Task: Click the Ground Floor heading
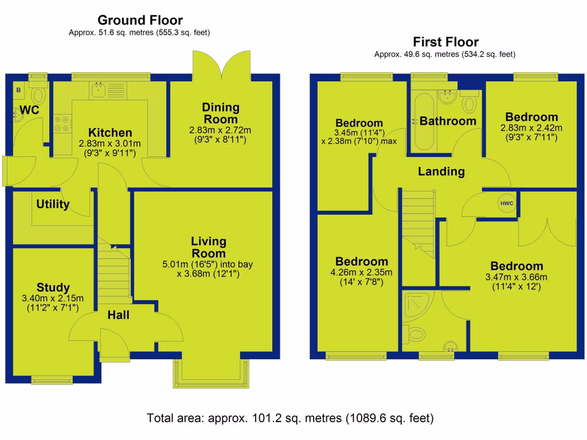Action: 140,21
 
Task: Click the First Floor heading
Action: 445,42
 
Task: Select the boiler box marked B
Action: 18,90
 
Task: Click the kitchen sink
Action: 99,89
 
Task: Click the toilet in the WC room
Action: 39,94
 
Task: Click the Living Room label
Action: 208,247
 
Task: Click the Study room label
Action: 53,288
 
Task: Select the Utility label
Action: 53,205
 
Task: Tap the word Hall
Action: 118,315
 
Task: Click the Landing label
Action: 441,171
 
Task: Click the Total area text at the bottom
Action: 290,417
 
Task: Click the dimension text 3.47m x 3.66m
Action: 516,277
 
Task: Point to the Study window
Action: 52,379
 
